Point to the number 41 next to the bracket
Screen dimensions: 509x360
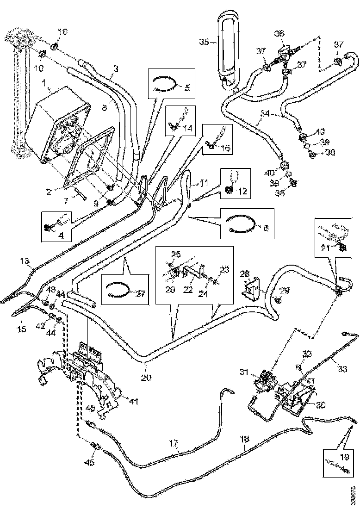coord(134,402)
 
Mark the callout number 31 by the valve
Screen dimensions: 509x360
coord(244,372)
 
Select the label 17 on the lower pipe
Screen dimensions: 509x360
coord(174,442)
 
